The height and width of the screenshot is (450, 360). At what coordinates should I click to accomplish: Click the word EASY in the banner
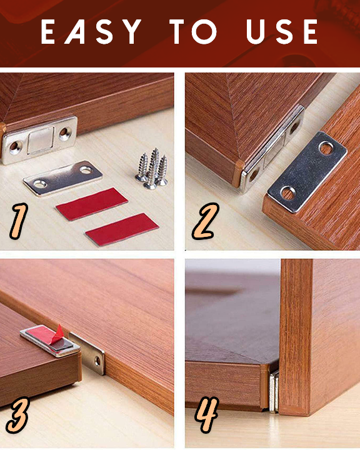(x=91, y=32)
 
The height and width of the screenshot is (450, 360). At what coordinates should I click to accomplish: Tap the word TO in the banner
(x=193, y=32)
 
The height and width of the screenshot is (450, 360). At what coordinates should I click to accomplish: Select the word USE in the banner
(x=282, y=32)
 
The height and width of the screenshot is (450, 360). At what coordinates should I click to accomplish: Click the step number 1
(x=19, y=221)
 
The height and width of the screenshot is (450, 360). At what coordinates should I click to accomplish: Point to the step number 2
(x=206, y=221)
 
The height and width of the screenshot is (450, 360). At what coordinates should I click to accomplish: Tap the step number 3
(x=17, y=415)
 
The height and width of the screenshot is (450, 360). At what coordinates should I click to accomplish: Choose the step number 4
(x=207, y=414)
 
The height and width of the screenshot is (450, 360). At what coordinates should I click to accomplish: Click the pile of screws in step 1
(x=152, y=169)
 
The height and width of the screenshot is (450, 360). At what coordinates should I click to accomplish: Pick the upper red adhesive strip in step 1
(x=92, y=204)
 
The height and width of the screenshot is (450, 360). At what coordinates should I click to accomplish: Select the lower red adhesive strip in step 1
(x=122, y=229)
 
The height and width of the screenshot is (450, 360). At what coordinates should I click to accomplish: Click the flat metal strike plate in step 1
(x=63, y=178)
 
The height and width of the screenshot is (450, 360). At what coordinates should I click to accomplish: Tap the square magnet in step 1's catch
(x=41, y=141)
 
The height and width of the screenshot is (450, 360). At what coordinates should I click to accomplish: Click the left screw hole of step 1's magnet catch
(x=14, y=147)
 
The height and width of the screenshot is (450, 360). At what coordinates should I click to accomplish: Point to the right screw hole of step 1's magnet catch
(x=65, y=133)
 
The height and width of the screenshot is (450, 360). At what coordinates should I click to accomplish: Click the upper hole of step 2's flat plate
(x=326, y=148)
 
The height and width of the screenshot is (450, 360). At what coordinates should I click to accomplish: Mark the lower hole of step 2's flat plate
(x=288, y=193)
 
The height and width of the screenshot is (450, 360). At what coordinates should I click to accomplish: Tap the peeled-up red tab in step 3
(x=57, y=334)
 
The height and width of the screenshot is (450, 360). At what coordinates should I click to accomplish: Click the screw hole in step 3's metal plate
(x=98, y=361)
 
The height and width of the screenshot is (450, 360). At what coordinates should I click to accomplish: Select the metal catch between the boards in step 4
(x=274, y=391)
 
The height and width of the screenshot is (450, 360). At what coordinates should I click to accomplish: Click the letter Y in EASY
(x=131, y=32)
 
